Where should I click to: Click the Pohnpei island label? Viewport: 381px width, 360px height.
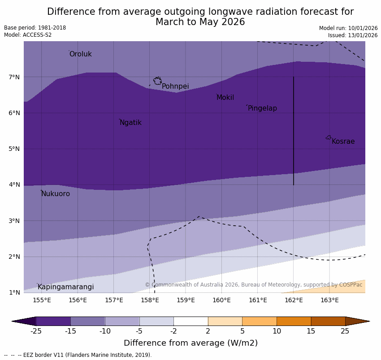tap(175, 86)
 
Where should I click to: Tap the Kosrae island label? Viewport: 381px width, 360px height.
tap(343, 141)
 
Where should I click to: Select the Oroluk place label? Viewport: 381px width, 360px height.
tap(80, 54)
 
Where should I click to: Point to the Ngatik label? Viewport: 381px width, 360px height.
tap(130, 123)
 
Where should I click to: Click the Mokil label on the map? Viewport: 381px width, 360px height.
tap(225, 98)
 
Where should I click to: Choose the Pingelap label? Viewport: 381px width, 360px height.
tap(262, 108)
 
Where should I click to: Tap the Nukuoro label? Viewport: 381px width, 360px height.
tap(56, 194)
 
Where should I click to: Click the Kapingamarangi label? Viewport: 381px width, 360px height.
tap(65, 287)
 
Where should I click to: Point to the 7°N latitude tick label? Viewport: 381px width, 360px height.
tap(14, 77)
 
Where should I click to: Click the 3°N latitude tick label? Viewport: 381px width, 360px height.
tap(14, 221)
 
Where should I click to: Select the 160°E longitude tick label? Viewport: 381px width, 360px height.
tap(221, 300)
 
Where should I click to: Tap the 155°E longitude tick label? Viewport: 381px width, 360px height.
tap(42, 300)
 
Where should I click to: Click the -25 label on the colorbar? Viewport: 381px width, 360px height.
tap(36, 331)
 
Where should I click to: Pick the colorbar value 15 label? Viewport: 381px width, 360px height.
tap(311, 331)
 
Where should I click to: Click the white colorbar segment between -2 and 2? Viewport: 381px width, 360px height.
tap(190, 321)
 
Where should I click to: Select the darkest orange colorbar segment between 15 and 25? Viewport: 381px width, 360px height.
tap(328, 321)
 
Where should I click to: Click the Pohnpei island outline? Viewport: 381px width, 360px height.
tap(157, 81)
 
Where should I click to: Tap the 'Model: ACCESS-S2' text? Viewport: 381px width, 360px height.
tap(28, 35)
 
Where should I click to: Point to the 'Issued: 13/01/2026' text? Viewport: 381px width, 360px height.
tap(353, 35)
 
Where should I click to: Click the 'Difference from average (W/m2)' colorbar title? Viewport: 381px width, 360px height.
tap(190, 343)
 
